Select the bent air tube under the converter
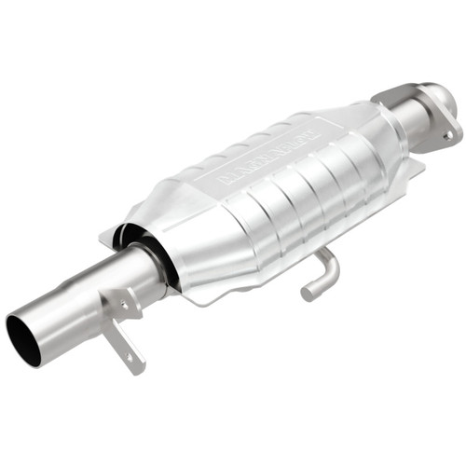click(x=322, y=272)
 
